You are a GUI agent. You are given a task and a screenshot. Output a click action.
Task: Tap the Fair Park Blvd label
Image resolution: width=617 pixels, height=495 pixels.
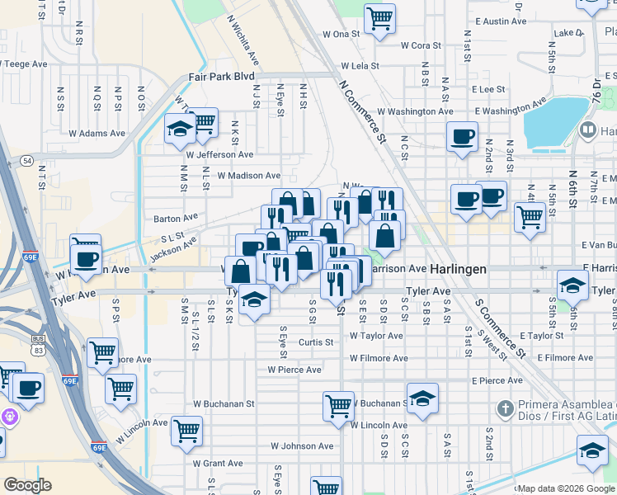coord(221,76)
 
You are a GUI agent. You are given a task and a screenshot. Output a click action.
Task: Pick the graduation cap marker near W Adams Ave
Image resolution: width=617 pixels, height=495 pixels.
coord(180,130)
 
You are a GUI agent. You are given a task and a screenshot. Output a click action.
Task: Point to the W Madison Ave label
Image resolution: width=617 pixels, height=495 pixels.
coord(249,176)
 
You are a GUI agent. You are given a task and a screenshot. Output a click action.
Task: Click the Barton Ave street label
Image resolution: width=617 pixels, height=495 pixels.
coord(176,219)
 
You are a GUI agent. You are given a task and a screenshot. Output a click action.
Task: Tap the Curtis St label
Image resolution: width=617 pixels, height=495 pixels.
coord(316,342)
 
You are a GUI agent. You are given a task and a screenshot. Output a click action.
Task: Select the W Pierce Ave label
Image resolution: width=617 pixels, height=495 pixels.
coord(288,370)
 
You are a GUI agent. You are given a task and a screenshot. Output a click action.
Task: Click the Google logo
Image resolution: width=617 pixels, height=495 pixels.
coord(28,485)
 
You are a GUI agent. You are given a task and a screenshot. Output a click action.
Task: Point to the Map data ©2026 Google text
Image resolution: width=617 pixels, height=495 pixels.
coord(566,488)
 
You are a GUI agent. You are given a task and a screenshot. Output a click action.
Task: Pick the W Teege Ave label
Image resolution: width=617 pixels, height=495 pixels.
coord(29,64)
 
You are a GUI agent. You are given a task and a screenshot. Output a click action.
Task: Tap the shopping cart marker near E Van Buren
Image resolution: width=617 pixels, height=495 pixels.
coord(529,218)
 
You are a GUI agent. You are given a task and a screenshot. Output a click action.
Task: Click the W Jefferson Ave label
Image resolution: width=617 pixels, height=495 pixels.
coord(220,154)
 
